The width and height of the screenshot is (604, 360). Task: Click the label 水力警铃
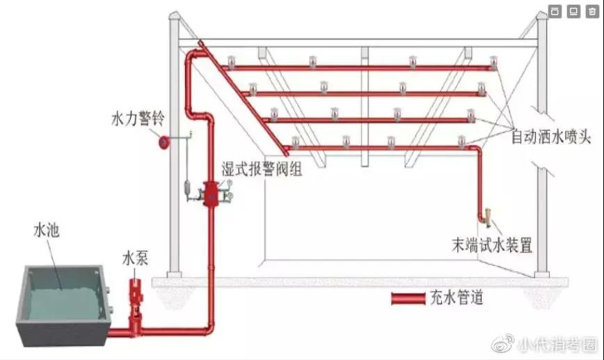click(138, 118)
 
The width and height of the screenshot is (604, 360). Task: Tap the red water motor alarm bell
click(164, 142)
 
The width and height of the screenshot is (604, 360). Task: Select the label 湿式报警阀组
click(262, 169)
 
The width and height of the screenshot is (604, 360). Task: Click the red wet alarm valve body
click(211, 194)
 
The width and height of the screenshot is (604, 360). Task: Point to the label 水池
click(46, 230)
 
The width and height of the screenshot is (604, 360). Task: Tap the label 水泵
click(135, 258)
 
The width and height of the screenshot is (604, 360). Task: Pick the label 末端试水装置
click(492, 245)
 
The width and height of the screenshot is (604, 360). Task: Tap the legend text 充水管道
click(457, 297)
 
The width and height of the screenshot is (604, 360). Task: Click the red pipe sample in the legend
click(408, 299)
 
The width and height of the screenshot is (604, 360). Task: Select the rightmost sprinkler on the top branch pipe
click(493, 62)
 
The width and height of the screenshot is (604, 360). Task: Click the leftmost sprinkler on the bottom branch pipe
click(295, 142)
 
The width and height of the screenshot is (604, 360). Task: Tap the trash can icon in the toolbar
click(592, 11)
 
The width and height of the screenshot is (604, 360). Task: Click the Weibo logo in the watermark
click(502, 343)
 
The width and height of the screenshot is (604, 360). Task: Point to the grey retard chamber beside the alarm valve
click(188, 188)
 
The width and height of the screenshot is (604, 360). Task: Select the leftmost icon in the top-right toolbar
click(555, 11)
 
